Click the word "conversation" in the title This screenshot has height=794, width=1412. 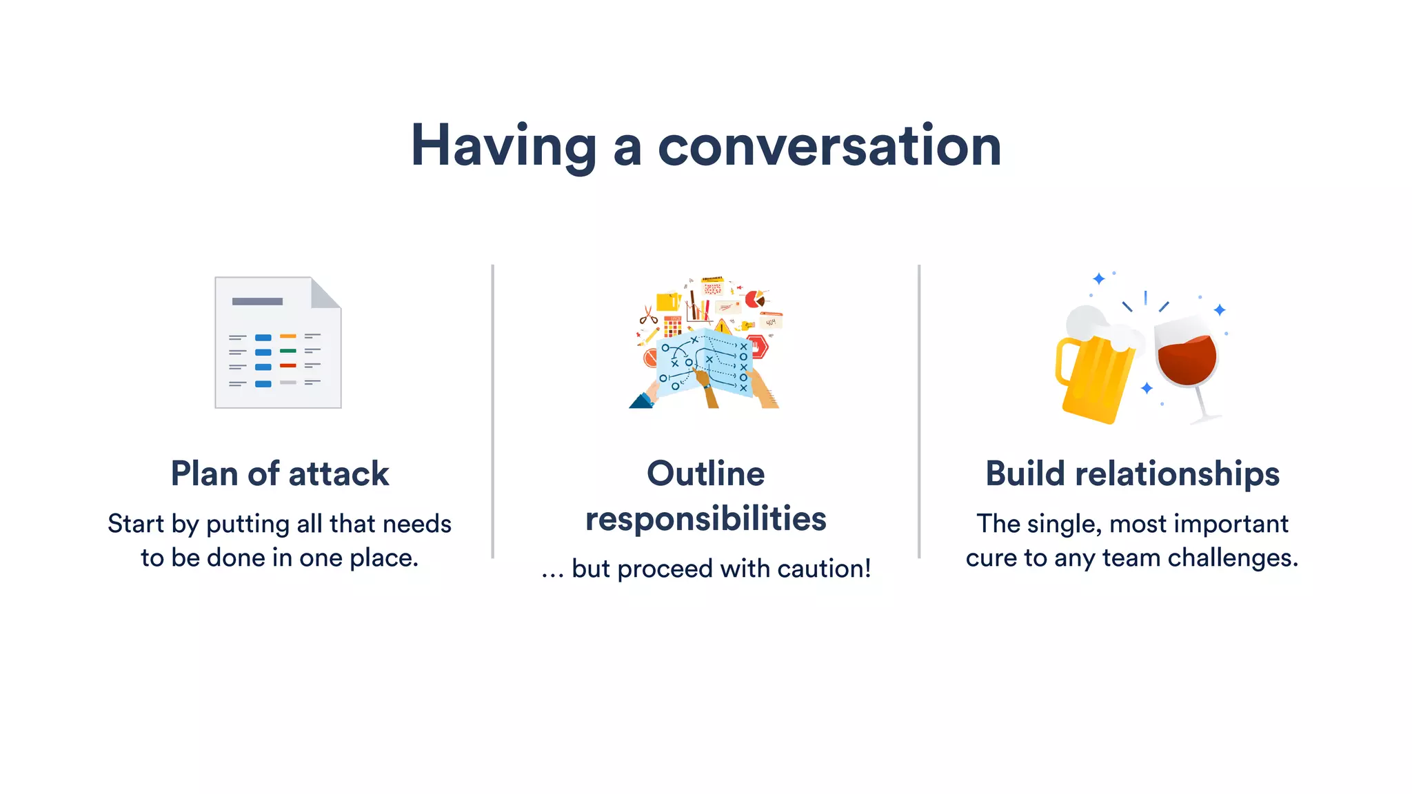tap(829, 146)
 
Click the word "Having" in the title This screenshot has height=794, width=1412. tap(503, 146)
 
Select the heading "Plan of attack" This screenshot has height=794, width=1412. tap(280, 474)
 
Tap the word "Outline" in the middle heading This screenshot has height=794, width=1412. tap(705, 474)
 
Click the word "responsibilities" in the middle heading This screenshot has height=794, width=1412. tap(705, 519)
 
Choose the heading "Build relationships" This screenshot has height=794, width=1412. tap(1132, 474)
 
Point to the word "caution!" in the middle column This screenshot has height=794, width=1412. tap(824, 569)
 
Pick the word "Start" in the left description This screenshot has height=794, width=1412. tap(136, 524)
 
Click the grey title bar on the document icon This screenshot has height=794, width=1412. tap(257, 301)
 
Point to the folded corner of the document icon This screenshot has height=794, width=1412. tap(324, 292)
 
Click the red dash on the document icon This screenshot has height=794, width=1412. tap(288, 365)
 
